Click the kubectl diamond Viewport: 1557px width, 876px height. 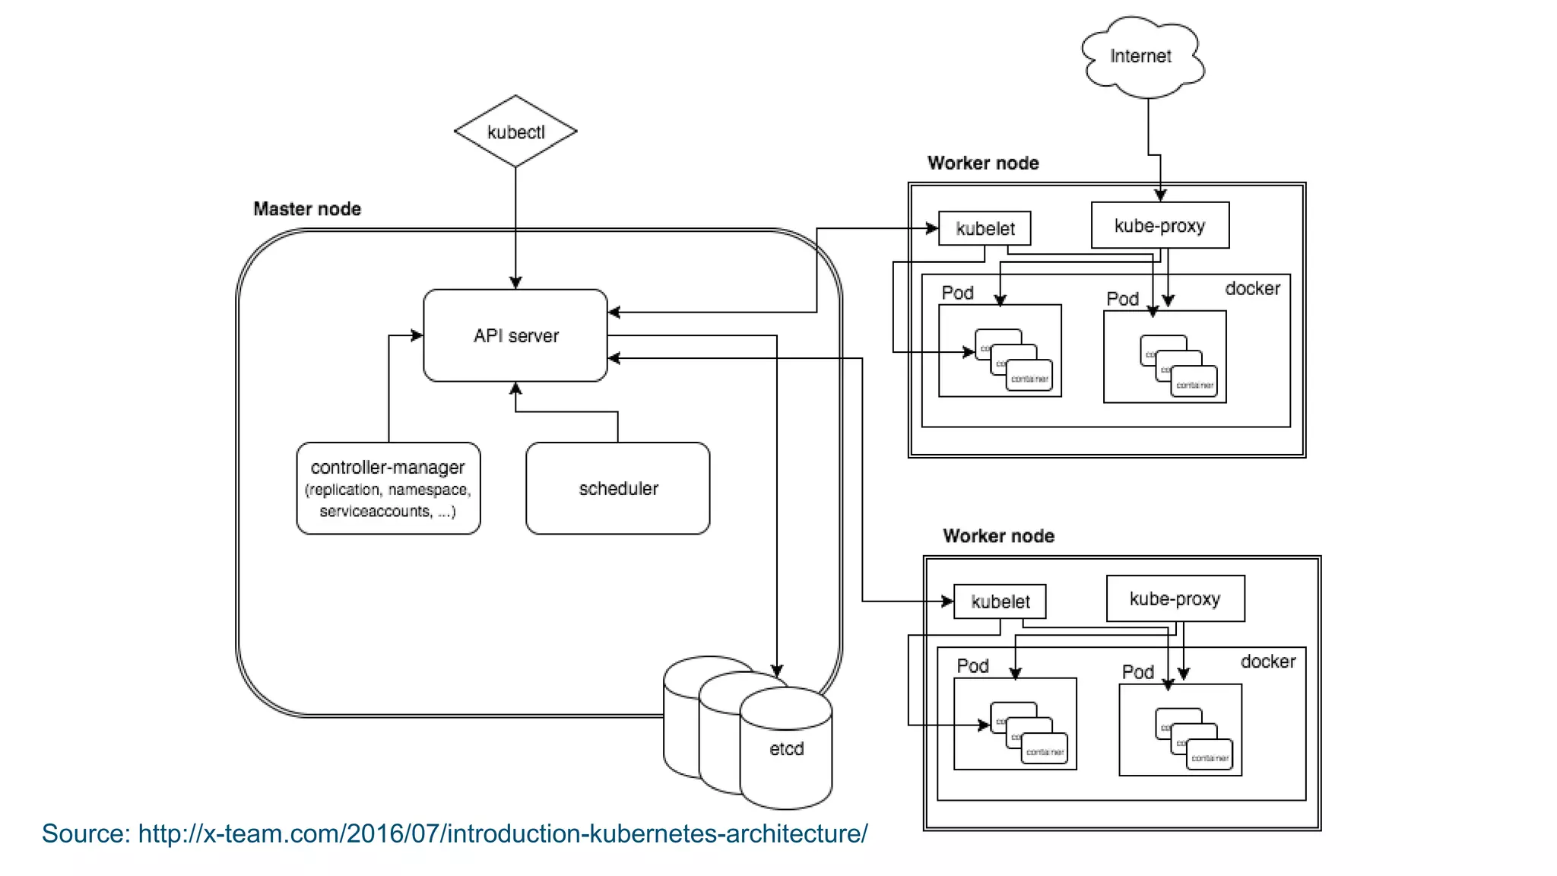515,132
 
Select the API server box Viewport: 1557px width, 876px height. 515,335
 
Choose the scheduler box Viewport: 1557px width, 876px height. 618,488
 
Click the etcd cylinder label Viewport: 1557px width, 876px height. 786,749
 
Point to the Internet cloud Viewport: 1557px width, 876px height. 1140,56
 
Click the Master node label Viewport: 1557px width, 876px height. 307,209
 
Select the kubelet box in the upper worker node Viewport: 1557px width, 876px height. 985,229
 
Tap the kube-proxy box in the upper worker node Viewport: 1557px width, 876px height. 1159,226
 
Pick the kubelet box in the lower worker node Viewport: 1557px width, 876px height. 1000,601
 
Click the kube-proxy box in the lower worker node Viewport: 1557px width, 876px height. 1175,598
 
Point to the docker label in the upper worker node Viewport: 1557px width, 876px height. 1252,289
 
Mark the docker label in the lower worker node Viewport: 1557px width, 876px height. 1267,662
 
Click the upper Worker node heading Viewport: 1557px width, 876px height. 983,163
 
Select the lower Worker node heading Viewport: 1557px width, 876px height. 998,536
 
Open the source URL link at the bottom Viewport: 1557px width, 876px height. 503,833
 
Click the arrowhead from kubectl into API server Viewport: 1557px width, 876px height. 515,284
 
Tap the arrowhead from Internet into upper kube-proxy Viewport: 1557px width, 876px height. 1160,196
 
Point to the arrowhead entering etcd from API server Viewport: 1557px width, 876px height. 777,671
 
